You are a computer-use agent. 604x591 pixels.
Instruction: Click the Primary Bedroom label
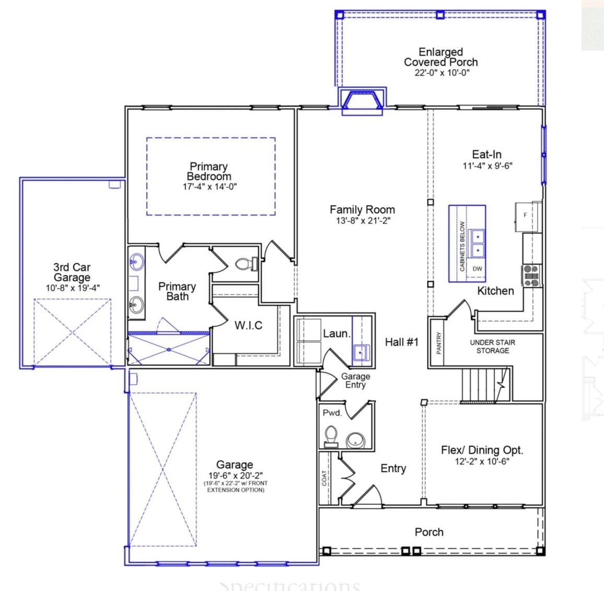pyautogui.click(x=209, y=171)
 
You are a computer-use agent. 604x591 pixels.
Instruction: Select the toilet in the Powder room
pyautogui.click(x=330, y=437)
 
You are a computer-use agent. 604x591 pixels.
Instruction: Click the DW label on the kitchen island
pyautogui.click(x=477, y=269)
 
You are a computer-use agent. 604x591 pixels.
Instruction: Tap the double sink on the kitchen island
pyautogui.click(x=477, y=244)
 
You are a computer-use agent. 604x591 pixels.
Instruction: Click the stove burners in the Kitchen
pyautogui.click(x=532, y=275)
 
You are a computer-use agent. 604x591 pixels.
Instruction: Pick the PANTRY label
pyautogui.click(x=439, y=343)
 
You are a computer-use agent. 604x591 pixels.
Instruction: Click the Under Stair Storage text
pyautogui.click(x=492, y=346)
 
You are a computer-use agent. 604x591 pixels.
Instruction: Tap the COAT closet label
pyautogui.click(x=324, y=478)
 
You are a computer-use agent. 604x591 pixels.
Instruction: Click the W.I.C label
pyautogui.click(x=248, y=326)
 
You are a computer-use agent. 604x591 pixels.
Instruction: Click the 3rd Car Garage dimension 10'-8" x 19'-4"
pyautogui.click(x=72, y=287)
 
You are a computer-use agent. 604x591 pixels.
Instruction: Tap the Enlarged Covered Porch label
pyautogui.click(x=440, y=57)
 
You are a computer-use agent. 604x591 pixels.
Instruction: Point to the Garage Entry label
pyautogui.click(x=355, y=380)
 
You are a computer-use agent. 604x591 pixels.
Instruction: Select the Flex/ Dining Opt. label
pyautogui.click(x=482, y=450)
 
